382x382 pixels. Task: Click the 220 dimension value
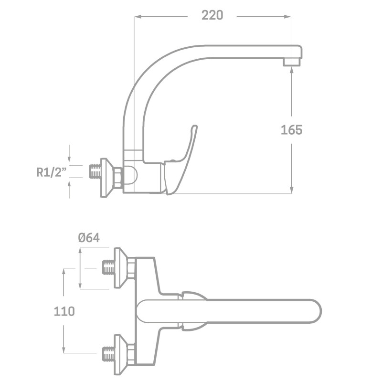click(212, 16)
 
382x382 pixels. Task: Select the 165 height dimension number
click(291, 129)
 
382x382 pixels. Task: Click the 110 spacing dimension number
click(64, 311)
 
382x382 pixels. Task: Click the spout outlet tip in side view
click(292, 62)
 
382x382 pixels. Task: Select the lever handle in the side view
click(184, 158)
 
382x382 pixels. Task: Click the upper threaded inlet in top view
click(109, 268)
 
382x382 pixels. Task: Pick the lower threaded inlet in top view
click(109, 353)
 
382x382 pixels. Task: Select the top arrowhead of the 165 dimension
click(292, 69)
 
